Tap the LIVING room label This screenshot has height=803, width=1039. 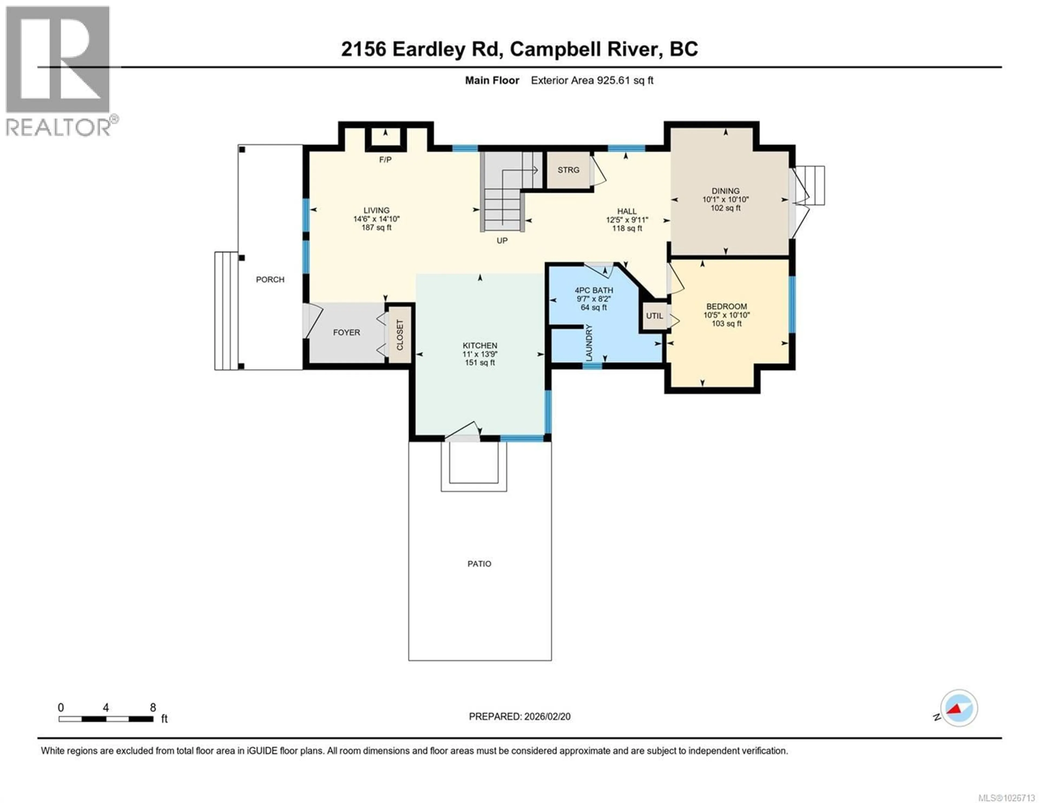[x=376, y=210]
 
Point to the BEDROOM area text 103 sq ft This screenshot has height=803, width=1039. [x=726, y=324]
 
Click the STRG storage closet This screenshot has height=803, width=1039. [x=568, y=170]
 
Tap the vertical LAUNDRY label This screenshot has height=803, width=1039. [x=589, y=343]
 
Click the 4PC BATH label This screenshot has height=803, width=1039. [x=594, y=290]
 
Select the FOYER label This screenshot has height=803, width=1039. [x=346, y=333]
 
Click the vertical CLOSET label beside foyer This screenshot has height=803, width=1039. [x=400, y=335]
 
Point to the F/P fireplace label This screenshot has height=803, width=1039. [x=385, y=160]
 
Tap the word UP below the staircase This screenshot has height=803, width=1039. [x=502, y=241]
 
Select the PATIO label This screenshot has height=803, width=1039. [x=479, y=563]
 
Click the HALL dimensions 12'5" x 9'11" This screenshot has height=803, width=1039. [x=627, y=220]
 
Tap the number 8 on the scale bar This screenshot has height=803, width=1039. [x=153, y=707]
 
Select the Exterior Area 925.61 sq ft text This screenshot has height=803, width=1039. [x=592, y=80]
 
